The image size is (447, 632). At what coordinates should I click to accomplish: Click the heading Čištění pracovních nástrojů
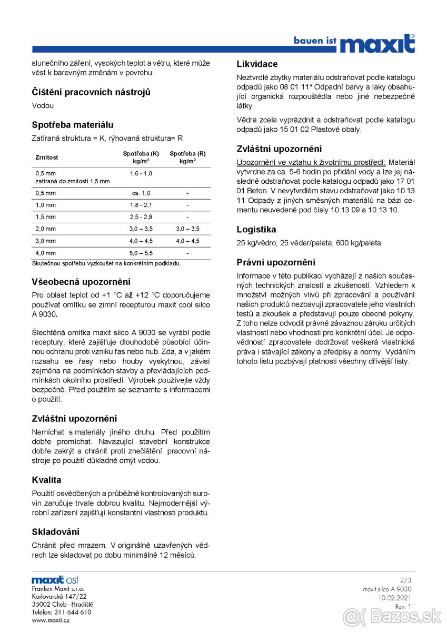click(x=91, y=92)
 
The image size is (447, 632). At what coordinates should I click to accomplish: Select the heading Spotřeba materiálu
click(x=72, y=125)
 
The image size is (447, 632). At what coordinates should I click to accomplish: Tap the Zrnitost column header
click(x=46, y=157)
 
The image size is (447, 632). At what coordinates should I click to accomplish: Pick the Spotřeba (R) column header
click(x=187, y=157)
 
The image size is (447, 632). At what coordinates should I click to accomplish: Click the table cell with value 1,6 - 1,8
click(x=141, y=173)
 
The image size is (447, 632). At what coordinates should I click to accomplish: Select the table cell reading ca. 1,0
click(x=141, y=193)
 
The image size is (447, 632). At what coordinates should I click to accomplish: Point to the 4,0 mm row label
click(x=45, y=253)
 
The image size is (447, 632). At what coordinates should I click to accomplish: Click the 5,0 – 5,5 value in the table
click(x=141, y=253)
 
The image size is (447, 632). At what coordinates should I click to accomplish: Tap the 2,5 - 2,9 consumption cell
click(x=141, y=217)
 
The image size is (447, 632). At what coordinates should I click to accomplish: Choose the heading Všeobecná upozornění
click(x=81, y=282)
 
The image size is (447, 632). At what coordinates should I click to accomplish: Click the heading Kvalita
click(x=46, y=480)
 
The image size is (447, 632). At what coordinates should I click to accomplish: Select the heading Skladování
click(x=56, y=532)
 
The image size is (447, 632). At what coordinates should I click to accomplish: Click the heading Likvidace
click(x=257, y=64)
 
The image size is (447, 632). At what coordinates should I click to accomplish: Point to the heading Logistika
click(x=256, y=230)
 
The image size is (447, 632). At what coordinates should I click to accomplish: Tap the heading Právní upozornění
click(x=276, y=262)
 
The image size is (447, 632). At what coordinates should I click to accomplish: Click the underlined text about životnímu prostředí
click(x=311, y=162)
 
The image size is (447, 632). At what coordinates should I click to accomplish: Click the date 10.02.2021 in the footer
click(x=394, y=598)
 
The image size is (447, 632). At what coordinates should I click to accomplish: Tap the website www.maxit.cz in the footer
click(x=51, y=620)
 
